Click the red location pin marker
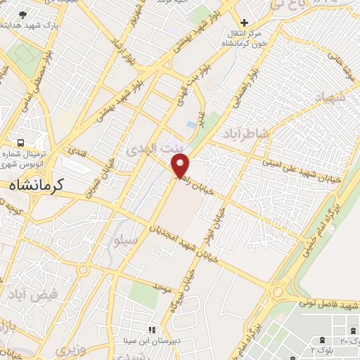pos(181,167)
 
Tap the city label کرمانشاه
pos(37,185)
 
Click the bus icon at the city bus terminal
pos(21,142)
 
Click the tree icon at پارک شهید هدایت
pos(24,14)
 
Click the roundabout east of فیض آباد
pos(84,269)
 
